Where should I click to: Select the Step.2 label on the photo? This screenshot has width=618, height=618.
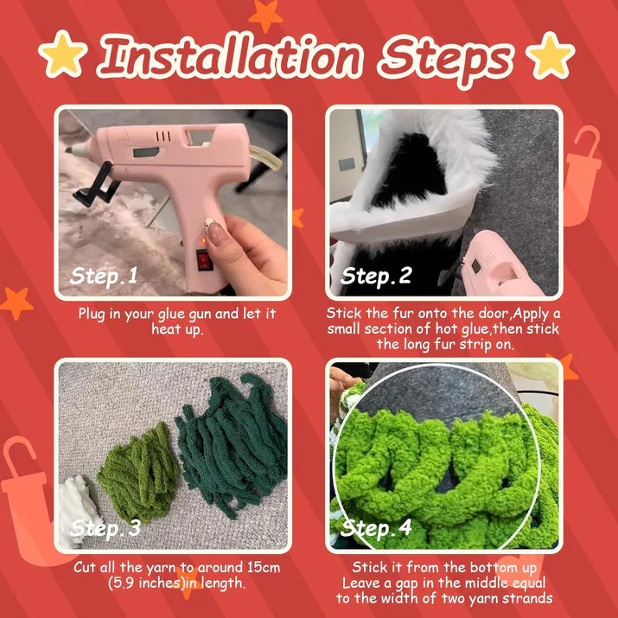click(376, 277)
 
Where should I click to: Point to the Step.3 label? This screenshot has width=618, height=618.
click(105, 527)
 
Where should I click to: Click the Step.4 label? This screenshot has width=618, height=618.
click(376, 527)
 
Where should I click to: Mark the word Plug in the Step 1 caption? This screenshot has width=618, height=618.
click(93, 314)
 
